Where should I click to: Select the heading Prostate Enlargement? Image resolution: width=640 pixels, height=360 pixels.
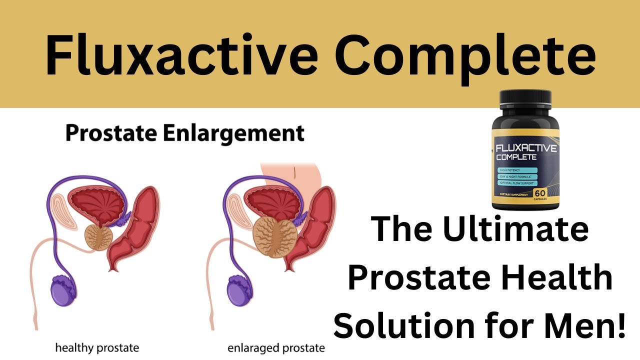coord(184,134)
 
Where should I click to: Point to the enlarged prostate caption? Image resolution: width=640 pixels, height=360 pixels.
coord(276,347)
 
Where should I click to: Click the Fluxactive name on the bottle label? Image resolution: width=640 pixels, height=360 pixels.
coord(524,148)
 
